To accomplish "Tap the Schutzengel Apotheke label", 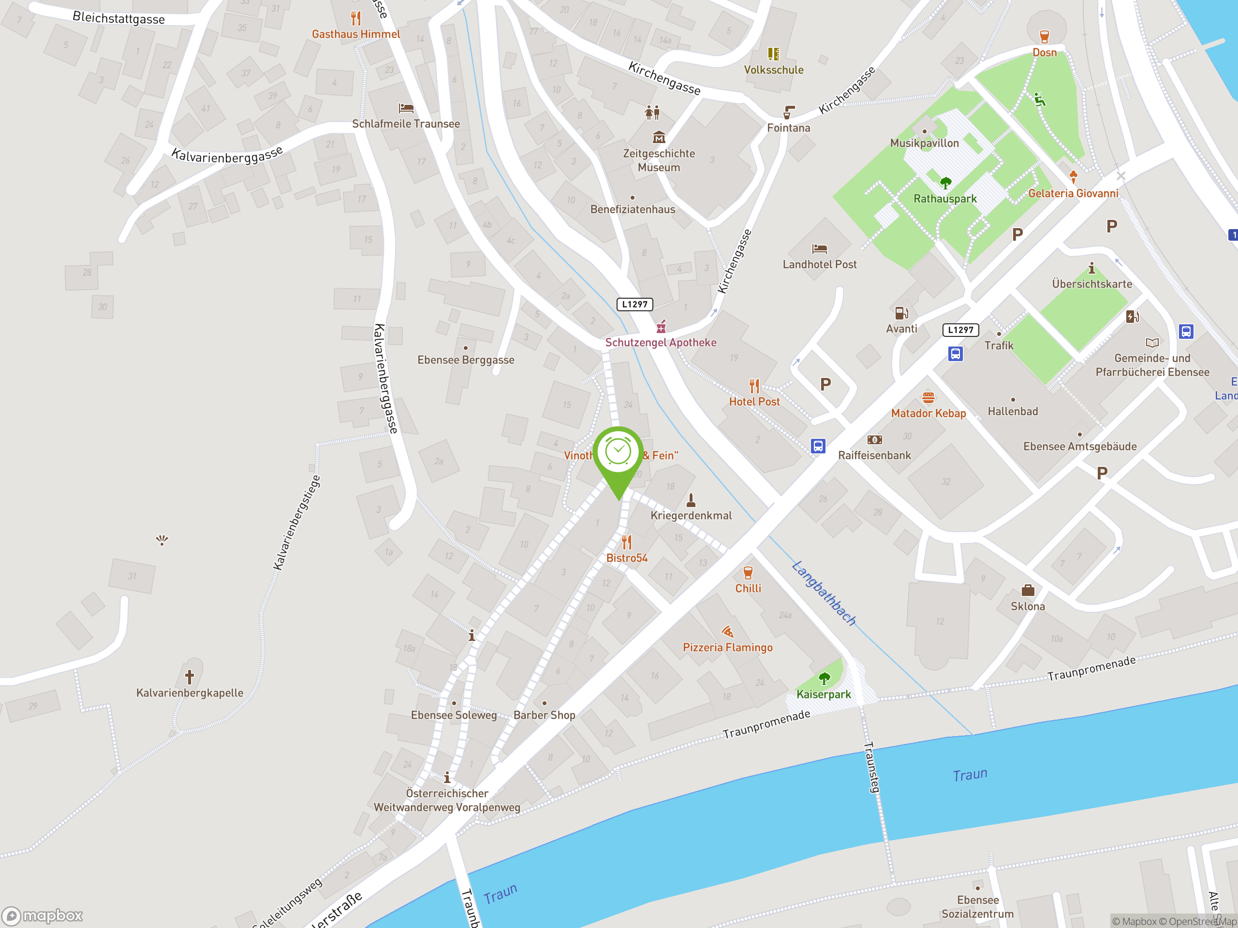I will pyautogui.click(x=661, y=342).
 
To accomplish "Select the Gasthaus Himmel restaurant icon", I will pyautogui.click(x=356, y=18).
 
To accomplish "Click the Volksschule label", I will pyautogui.click(x=773, y=70).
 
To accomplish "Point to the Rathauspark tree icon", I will pyautogui.click(x=945, y=183).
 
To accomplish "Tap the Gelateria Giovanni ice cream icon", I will pyautogui.click(x=1073, y=177).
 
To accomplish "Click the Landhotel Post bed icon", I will pyautogui.click(x=819, y=249).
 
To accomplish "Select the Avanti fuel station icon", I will pyautogui.click(x=901, y=313).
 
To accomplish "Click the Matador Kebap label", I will pyautogui.click(x=928, y=413).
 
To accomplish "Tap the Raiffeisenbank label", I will pyautogui.click(x=874, y=455).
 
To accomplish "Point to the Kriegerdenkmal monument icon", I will pyautogui.click(x=691, y=499).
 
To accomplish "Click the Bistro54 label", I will pyautogui.click(x=627, y=558).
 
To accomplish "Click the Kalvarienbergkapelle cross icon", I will pyautogui.click(x=190, y=677).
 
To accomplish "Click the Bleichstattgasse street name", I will pyautogui.click(x=118, y=18).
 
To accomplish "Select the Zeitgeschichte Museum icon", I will pyautogui.click(x=659, y=137).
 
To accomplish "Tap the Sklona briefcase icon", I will pyautogui.click(x=1028, y=590).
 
